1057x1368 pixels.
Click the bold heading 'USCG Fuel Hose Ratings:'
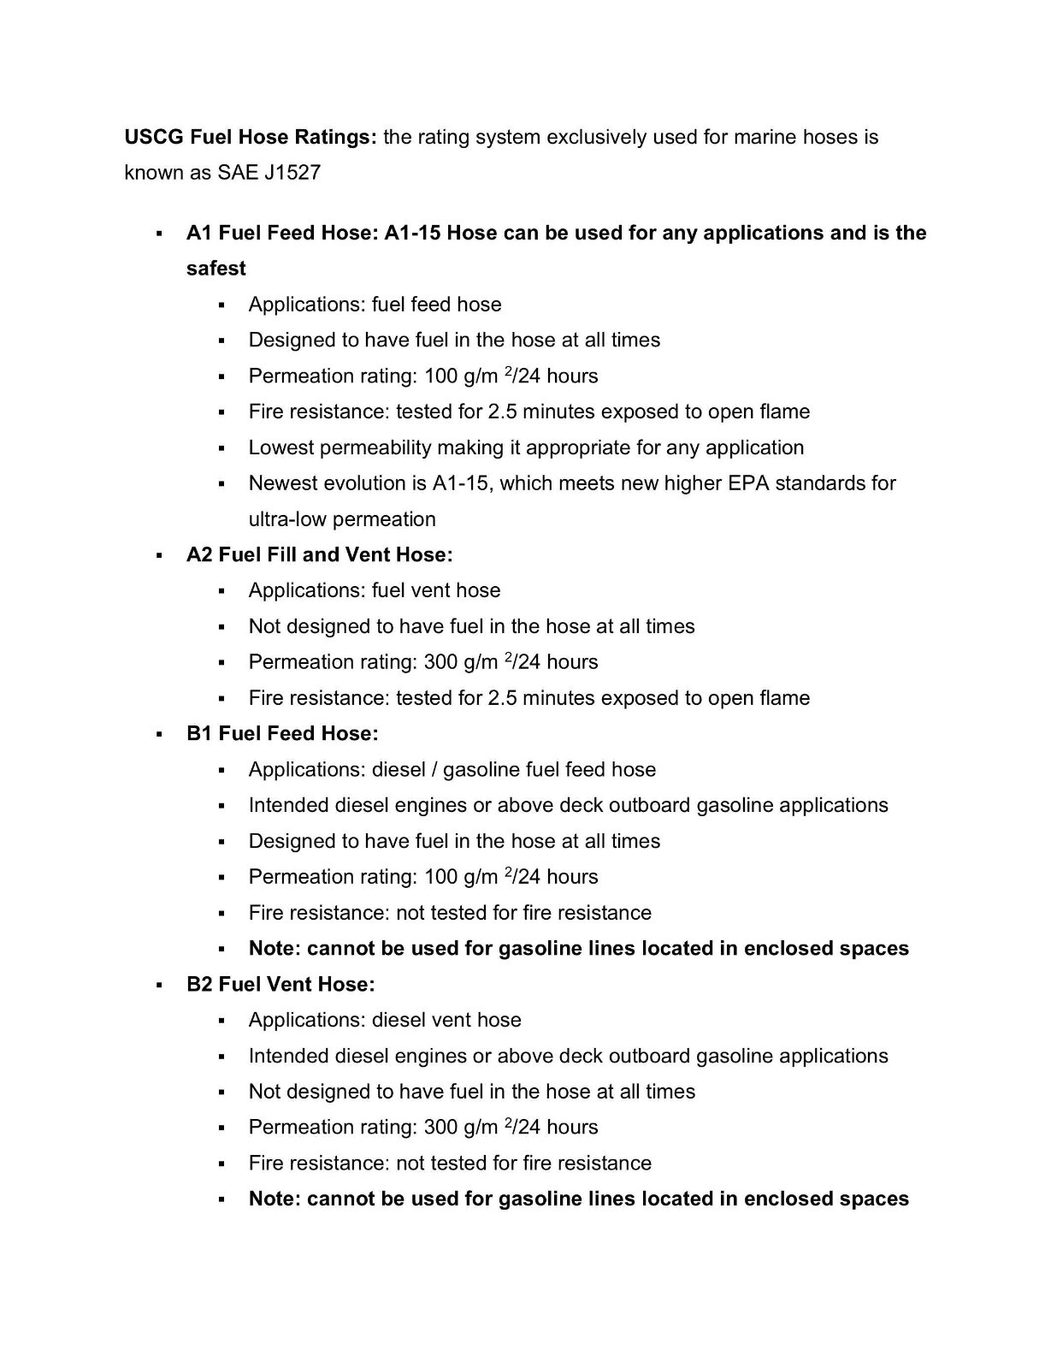pyautogui.click(x=251, y=137)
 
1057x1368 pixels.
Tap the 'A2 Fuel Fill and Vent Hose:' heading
pyautogui.click(x=320, y=555)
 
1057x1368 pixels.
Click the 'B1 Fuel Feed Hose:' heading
pyautogui.click(x=282, y=734)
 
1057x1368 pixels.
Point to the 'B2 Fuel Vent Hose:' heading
pyautogui.click(x=280, y=985)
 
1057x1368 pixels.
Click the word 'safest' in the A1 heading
pyautogui.click(x=216, y=269)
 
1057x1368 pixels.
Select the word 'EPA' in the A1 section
pyautogui.click(x=748, y=483)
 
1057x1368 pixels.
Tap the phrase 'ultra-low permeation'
pyautogui.click(x=342, y=519)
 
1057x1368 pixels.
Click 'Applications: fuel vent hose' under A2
pyautogui.click(x=375, y=591)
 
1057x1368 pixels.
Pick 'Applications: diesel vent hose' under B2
pyautogui.click(x=385, y=1021)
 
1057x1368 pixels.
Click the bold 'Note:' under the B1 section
pyautogui.click(x=275, y=949)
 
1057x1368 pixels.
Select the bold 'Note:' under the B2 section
pyautogui.click(x=275, y=1199)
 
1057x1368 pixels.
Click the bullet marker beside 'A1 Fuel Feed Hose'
pyautogui.click(x=159, y=234)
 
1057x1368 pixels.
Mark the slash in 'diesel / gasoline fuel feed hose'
pyautogui.click(x=434, y=770)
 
